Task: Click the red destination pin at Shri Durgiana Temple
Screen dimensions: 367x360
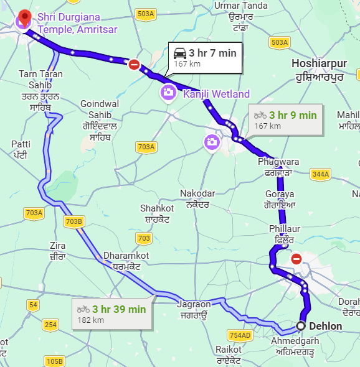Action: tap(24, 17)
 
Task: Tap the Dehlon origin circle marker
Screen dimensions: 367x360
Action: tap(301, 326)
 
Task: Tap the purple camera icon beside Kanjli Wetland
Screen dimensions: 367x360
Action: tap(168, 93)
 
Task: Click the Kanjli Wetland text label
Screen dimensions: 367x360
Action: tap(216, 95)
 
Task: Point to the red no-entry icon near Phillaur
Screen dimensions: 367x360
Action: tap(296, 258)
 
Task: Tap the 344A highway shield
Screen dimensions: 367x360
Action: tap(320, 175)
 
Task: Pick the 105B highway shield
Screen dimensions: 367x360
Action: tap(54, 361)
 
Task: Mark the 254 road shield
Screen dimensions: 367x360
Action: tap(50, 325)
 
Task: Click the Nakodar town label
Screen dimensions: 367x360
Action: tap(197, 198)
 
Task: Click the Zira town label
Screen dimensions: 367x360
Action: tap(57, 251)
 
